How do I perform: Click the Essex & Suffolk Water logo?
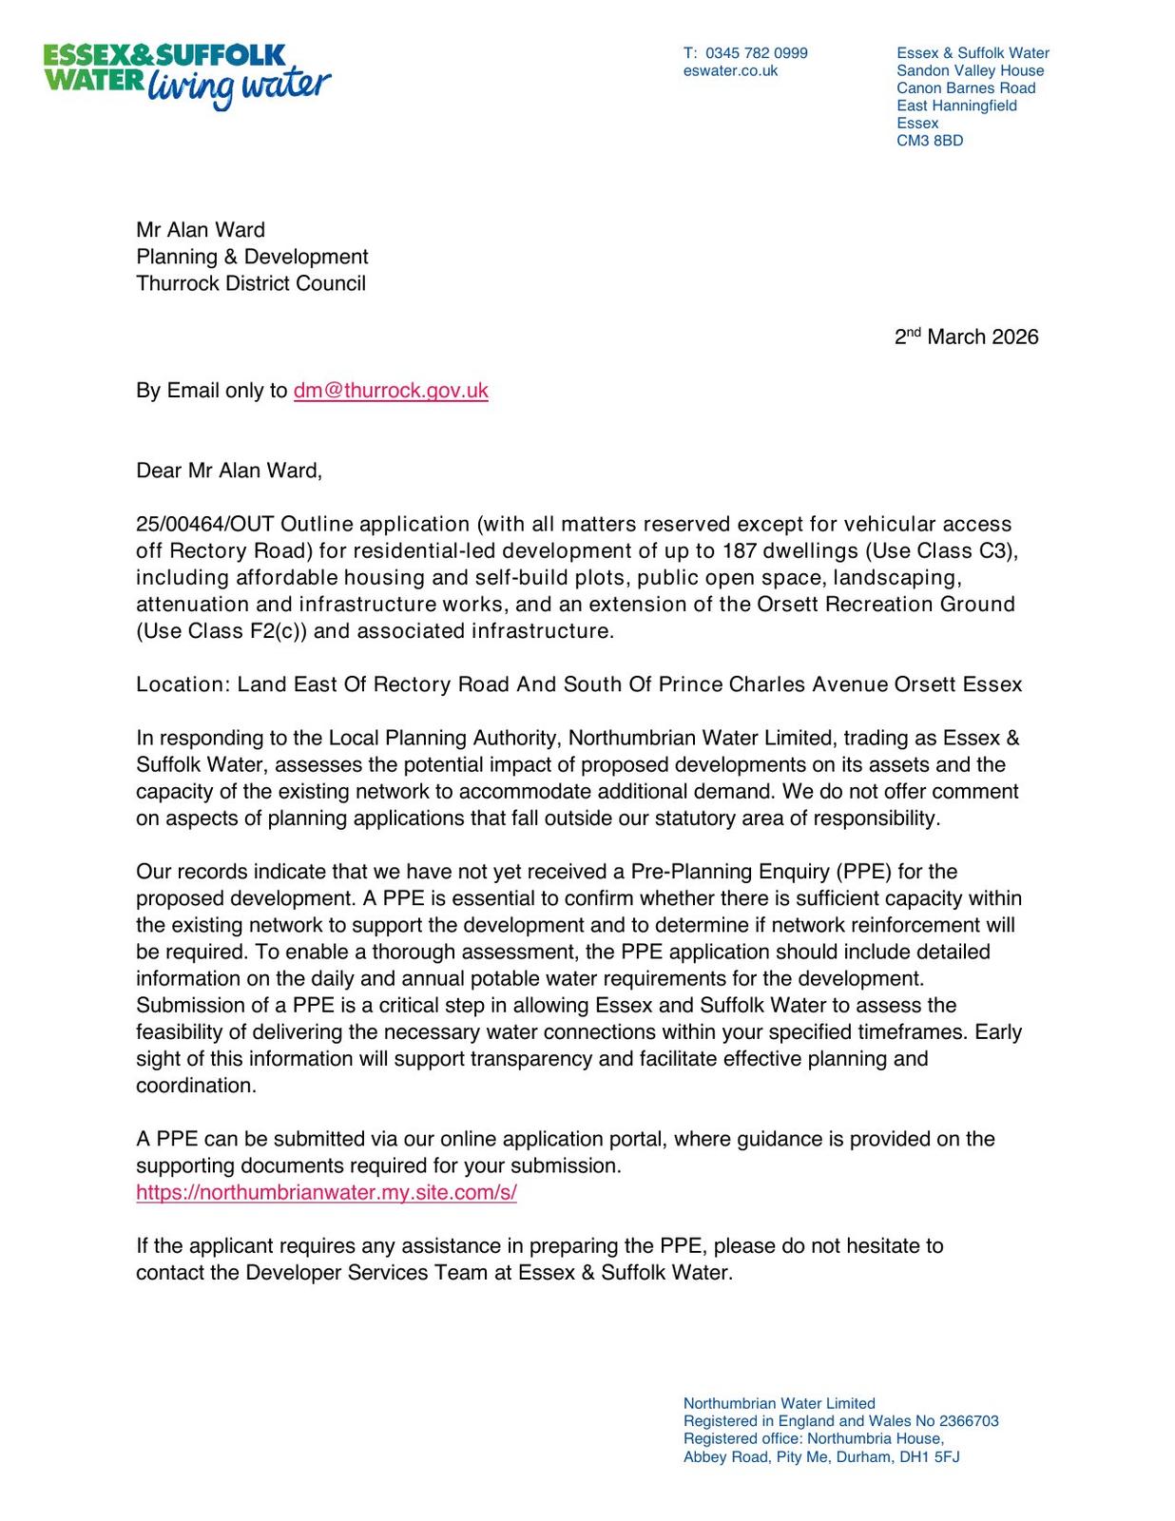click(x=186, y=74)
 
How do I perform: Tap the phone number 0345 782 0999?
click(x=756, y=53)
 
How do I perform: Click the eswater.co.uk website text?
click(x=730, y=70)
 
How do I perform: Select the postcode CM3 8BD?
click(x=929, y=141)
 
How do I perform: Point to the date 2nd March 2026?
click(x=966, y=337)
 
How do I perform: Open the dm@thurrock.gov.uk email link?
click(x=391, y=391)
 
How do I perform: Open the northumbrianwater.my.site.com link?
click(x=326, y=1193)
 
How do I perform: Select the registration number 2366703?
click(x=969, y=1421)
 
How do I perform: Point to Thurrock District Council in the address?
click(x=250, y=283)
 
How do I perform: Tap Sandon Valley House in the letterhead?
click(x=970, y=70)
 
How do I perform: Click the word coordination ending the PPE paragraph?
click(x=195, y=1086)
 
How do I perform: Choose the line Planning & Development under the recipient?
click(x=252, y=257)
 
